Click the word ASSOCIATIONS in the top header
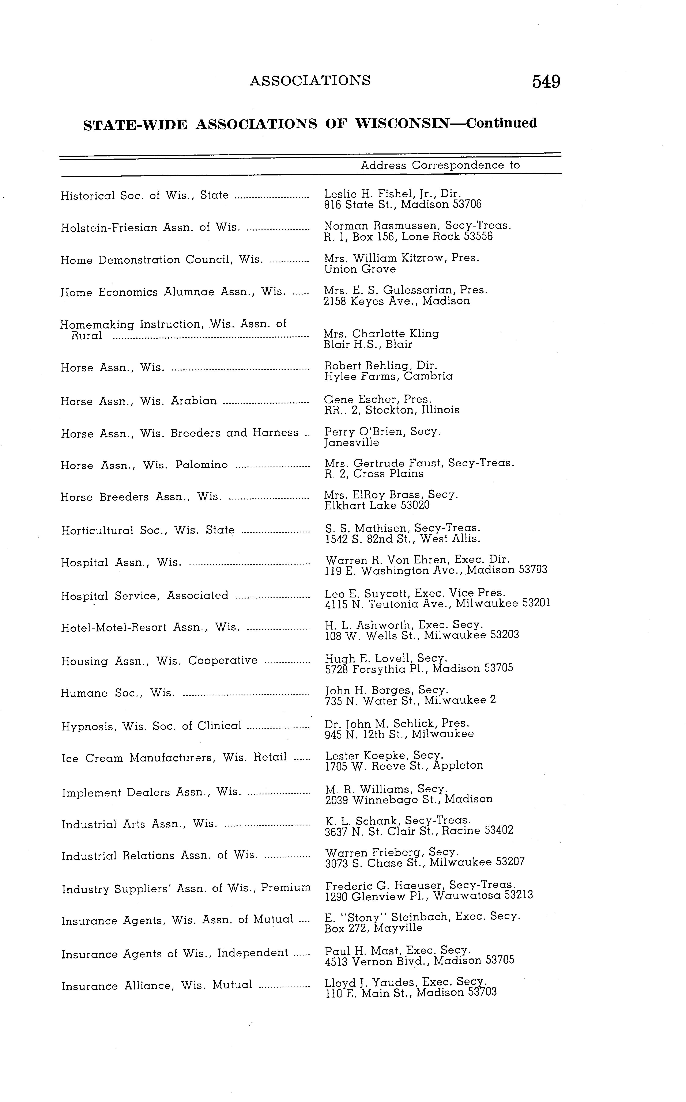310,81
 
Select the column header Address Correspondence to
440,166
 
